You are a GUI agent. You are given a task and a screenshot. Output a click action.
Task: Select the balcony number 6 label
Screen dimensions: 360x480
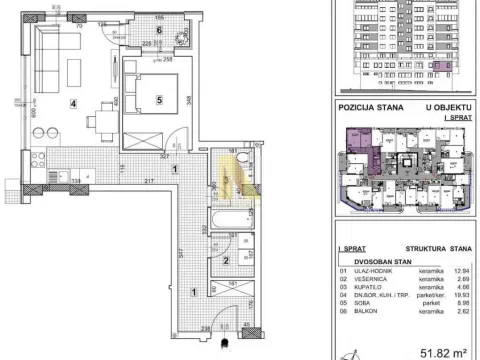[158, 31]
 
